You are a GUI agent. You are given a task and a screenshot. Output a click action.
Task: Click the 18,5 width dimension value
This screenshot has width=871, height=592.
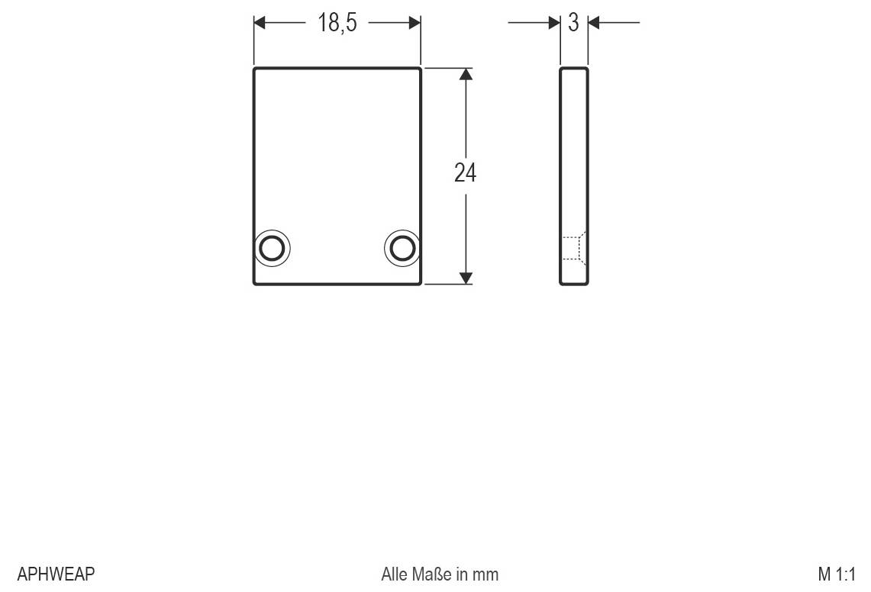pyautogui.click(x=337, y=23)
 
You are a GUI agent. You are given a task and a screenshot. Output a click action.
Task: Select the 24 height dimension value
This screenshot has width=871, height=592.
pyautogui.click(x=465, y=173)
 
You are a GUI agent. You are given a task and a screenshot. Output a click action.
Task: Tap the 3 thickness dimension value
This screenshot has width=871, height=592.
pyautogui.click(x=573, y=23)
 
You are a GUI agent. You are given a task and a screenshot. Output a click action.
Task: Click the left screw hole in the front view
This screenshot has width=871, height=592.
pyautogui.click(x=272, y=248)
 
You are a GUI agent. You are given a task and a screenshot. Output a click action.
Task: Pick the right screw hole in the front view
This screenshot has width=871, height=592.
pyautogui.click(x=402, y=248)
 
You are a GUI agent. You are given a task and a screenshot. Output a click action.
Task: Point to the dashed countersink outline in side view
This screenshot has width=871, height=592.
pyautogui.click(x=575, y=248)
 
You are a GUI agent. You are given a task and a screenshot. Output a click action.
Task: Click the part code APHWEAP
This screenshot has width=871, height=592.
pyautogui.click(x=56, y=574)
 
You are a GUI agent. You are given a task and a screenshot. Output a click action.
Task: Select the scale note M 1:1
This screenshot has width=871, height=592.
pyautogui.click(x=837, y=574)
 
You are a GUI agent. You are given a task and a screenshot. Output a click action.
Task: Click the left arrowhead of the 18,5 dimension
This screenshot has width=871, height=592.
pyautogui.click(x=260, y=23)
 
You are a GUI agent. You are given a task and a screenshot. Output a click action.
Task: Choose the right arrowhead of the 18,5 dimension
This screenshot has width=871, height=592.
pyautogui.click(x=415, y=23)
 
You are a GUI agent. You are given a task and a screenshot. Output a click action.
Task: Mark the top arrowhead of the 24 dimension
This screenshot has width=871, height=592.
pyautogui.click(x=466, y=74)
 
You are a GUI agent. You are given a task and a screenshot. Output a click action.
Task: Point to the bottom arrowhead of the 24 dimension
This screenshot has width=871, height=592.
pyautogui.click(x=466, y=278)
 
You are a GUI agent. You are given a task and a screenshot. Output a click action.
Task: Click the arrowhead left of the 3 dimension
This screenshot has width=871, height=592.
pyautogui.click(x=554, y=23)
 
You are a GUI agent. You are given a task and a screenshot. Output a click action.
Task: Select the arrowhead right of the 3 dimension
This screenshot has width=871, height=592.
pyautogui.click(x=594, y=23)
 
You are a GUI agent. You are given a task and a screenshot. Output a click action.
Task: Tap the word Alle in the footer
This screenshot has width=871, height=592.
pyautogui.click(x=395, y=574)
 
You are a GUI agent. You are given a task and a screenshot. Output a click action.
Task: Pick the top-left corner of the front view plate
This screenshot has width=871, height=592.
pyautogui.click(x=255, y=69)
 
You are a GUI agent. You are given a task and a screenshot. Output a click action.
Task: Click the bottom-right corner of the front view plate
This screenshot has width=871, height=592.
pyautogui.click(x=420, y=283)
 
